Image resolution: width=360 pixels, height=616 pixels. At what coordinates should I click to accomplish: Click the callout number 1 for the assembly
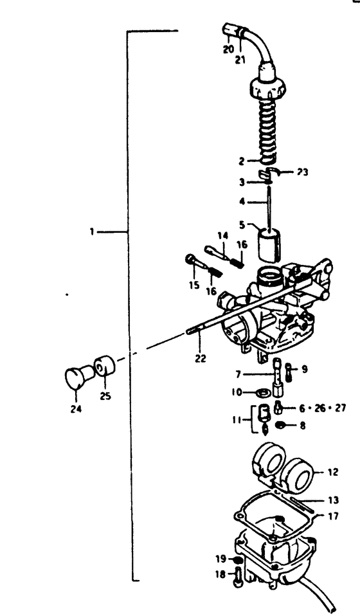click(x=92, y=231)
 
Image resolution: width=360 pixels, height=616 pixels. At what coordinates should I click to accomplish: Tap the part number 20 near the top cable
click(x=228, y=49)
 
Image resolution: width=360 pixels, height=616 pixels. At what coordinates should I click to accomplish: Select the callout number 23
click(x=302, y=172)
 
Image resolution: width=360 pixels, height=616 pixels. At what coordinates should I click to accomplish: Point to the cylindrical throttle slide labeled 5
click(x=269, y=244)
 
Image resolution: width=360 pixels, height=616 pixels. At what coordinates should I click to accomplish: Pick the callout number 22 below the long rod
click(x=200, y=358)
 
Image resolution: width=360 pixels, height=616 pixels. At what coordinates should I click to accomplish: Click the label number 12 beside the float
click(x=332, y=472)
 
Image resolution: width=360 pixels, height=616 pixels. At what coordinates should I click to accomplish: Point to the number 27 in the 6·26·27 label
click(x=340, y=408)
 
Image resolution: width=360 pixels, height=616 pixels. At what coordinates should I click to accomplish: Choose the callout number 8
click(x=301, y=425)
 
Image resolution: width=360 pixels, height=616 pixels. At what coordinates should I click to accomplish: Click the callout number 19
click(x=221, y=558)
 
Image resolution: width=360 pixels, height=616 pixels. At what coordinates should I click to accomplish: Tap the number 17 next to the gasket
click(x=333, y=516)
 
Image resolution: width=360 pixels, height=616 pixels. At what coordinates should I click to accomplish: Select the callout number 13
click(x=333, y=500)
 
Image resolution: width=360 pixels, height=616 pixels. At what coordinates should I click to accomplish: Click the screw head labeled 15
click(x=190, y=259)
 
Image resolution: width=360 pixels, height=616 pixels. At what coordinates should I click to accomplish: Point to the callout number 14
click(x=222, y=236)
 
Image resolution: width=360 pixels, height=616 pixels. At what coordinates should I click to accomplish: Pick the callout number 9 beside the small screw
click(x=305, y=369)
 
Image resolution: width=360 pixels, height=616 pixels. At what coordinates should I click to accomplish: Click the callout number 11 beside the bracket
click(x=237, y=420)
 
